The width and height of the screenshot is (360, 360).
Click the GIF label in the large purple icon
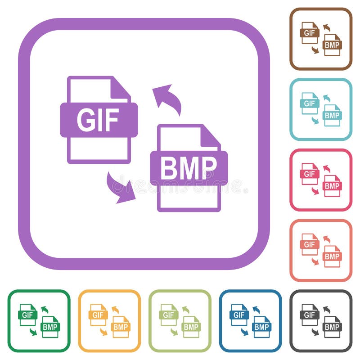tap(98, 120)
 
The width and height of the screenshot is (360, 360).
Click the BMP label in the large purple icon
tap(189, 168)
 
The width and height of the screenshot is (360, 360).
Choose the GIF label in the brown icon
tap(310, 33)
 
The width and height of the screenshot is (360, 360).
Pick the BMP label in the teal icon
tap(332, 116)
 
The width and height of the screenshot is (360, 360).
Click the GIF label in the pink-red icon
tap(310, 174)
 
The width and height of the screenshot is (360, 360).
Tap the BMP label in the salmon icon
tap(332, 256)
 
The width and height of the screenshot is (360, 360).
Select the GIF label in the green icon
tap(28, 315)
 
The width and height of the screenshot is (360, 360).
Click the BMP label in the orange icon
tap(121, 327)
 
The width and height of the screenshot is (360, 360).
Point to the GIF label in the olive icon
tap(168, 315)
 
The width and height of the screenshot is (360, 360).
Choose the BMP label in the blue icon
tap(262, 327)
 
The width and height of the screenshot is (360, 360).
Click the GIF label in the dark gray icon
tap(310, 315)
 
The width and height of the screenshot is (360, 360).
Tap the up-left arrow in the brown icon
tap(326, 27)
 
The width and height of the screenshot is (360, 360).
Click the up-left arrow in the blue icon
tap(256, 309)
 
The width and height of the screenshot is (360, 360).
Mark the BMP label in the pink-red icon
tap(332, 186)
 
